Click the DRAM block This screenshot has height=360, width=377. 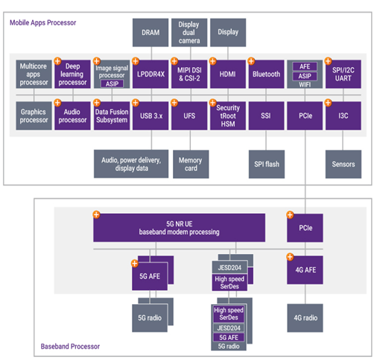[151, 33]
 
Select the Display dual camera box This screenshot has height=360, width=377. [189, 33]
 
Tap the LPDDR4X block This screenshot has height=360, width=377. [151, 74]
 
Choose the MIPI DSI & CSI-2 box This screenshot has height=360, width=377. [189, 74]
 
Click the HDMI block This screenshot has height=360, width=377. [228, 74]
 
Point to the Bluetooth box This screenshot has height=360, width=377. [266, 74]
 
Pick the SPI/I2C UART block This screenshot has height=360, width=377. [343, 74]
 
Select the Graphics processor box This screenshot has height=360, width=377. [34, 116]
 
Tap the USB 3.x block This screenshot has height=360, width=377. [151, 116]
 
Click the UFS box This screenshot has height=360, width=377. [189, 116]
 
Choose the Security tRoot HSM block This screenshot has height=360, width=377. [228, 116]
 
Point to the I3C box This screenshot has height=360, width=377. [343, 116]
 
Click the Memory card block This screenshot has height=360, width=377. [191, 164]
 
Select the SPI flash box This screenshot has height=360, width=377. [267, 164]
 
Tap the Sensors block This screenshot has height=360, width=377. [343, 164]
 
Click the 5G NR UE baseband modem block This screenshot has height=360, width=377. [179, 228]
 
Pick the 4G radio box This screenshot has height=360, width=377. [305, 318]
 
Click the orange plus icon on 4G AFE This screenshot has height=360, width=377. [290, 256]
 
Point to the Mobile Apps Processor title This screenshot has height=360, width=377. [42, 23]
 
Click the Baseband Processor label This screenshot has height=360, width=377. [70, 347]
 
